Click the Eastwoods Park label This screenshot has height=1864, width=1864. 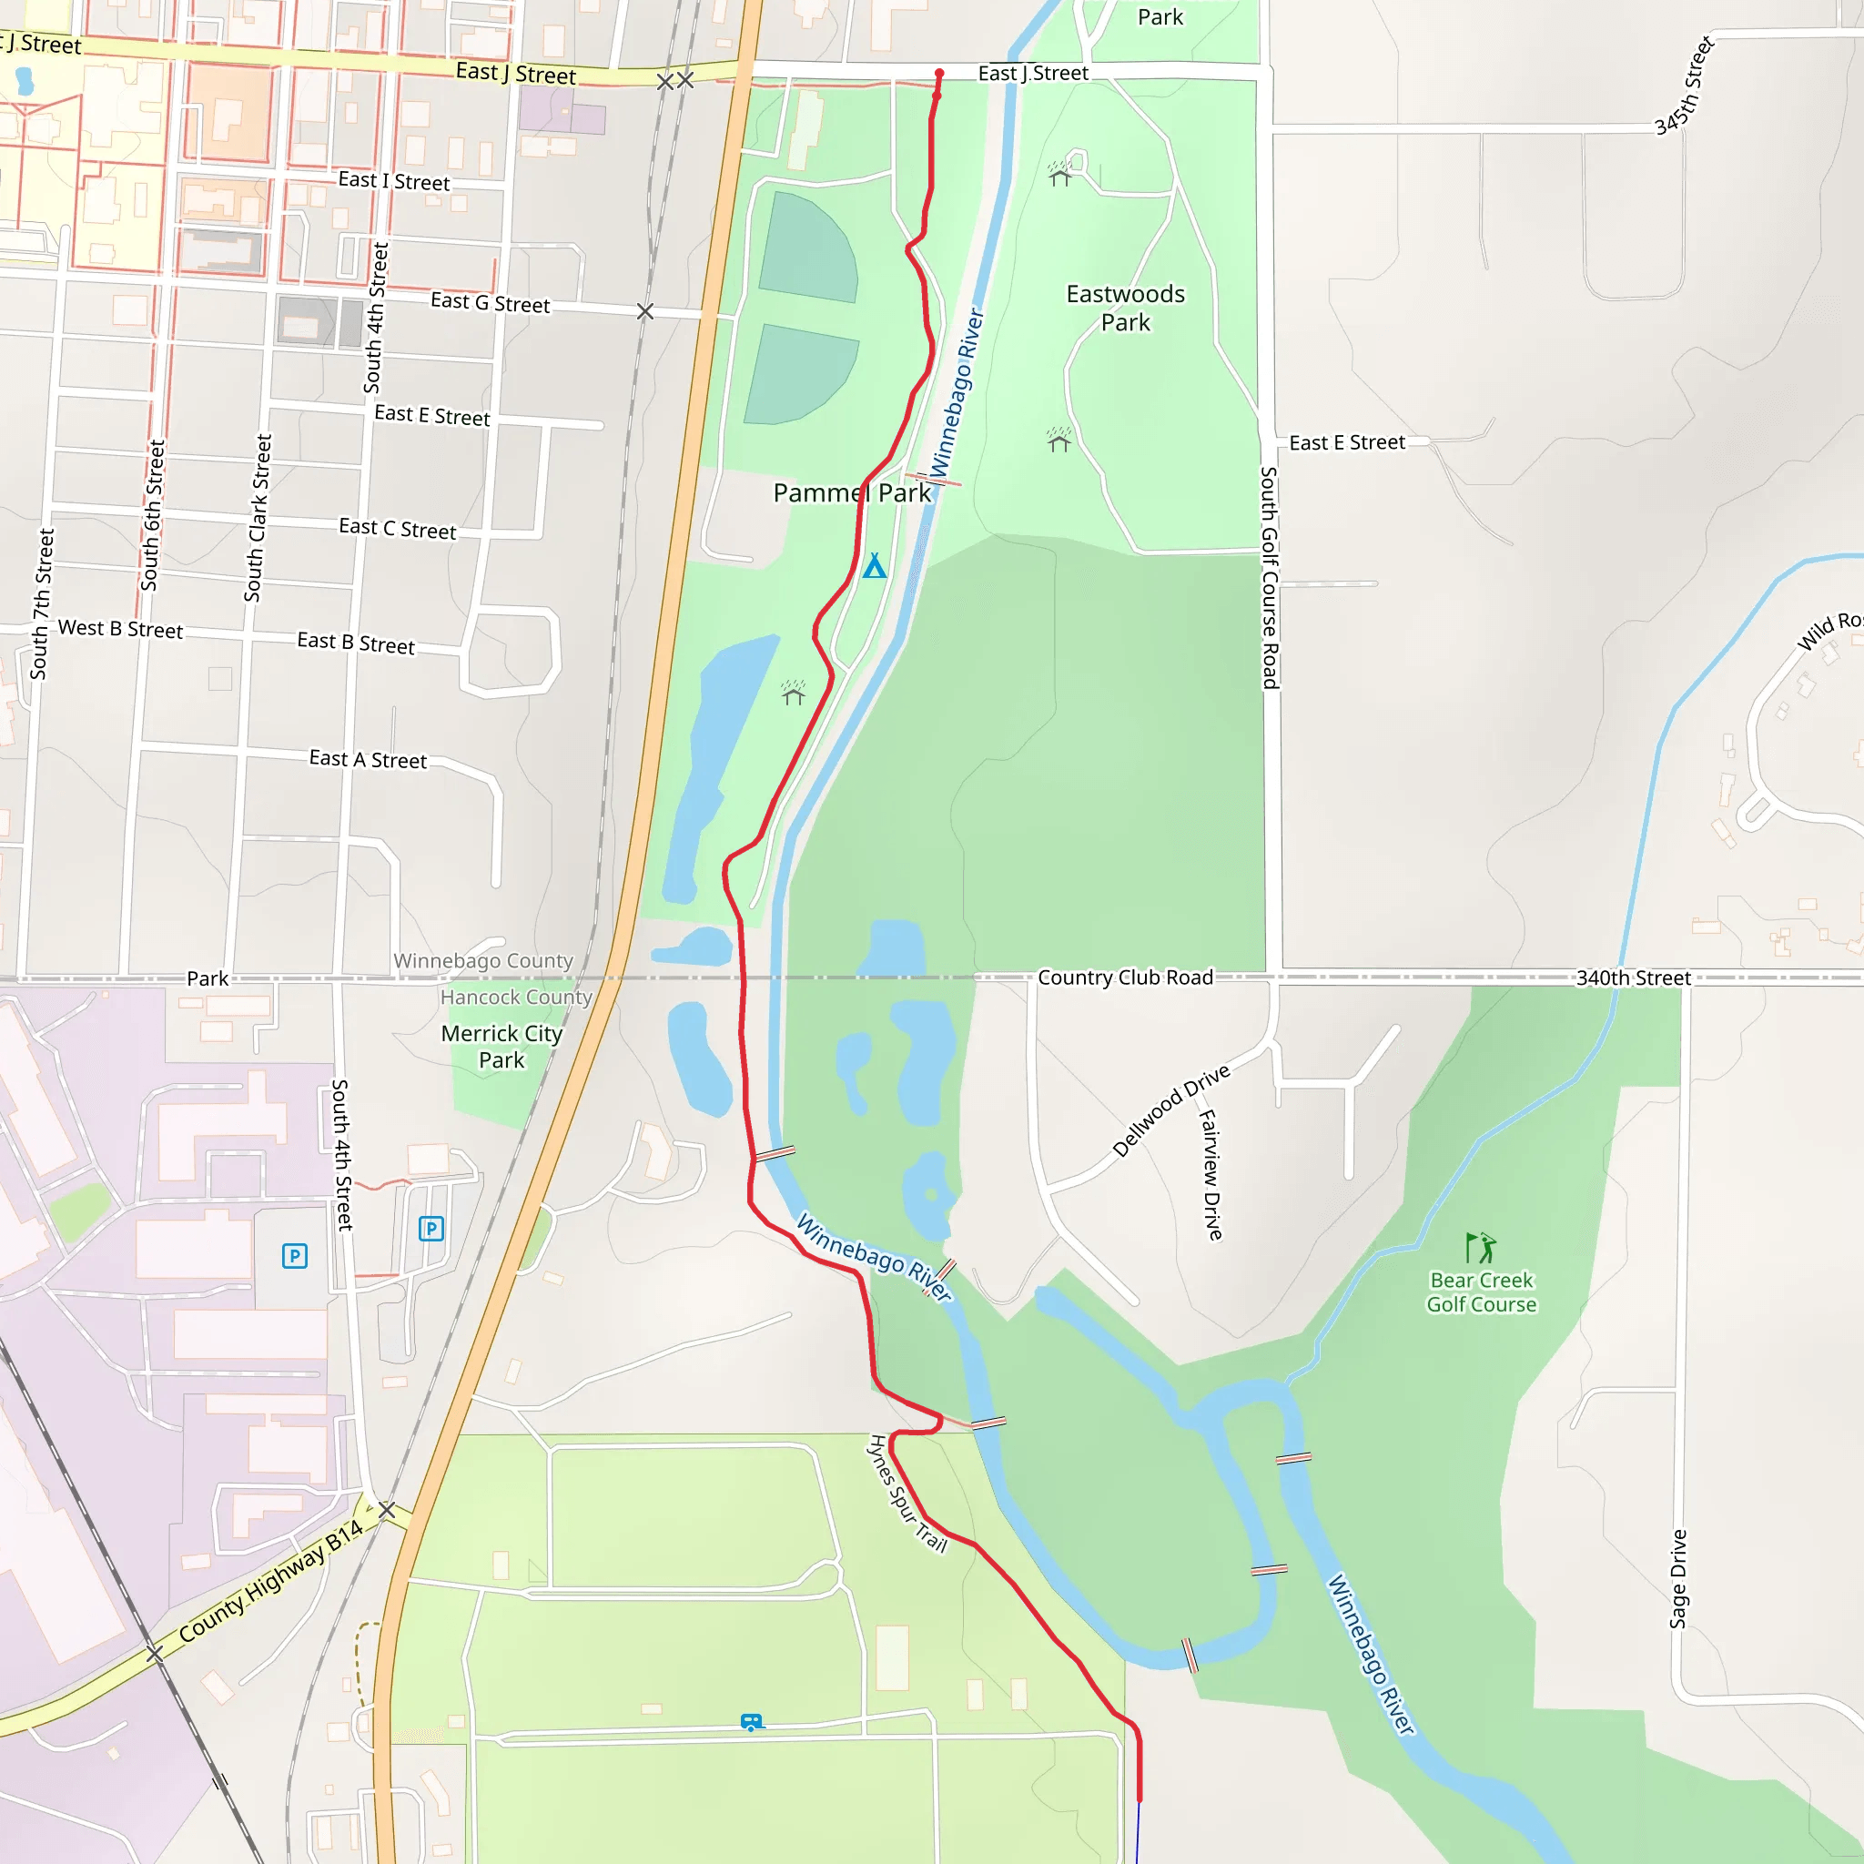point(1125,308)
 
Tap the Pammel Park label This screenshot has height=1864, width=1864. point(852,493)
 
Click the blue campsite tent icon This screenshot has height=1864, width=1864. point(874,565)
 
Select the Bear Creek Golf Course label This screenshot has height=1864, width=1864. point(1481,1292)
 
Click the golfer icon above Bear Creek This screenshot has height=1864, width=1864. point(1480,1248)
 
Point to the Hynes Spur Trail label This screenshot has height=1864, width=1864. point(907,1494)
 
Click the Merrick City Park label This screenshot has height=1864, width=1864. point(501,1047)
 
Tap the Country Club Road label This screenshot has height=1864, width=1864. point(1125,978)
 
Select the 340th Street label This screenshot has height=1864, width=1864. point(1633,978)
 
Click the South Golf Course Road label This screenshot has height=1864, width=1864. point(1270,577)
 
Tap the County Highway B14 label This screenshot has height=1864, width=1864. point(271,1580)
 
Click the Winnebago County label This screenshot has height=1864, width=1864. point(482,961)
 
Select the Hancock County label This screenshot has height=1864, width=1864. point(516,997)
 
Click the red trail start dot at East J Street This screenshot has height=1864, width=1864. point(938,74)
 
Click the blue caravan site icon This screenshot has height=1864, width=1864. point(751,1722)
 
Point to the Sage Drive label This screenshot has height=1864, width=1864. point(1678,1578)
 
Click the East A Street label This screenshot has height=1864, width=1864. point(368,759)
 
